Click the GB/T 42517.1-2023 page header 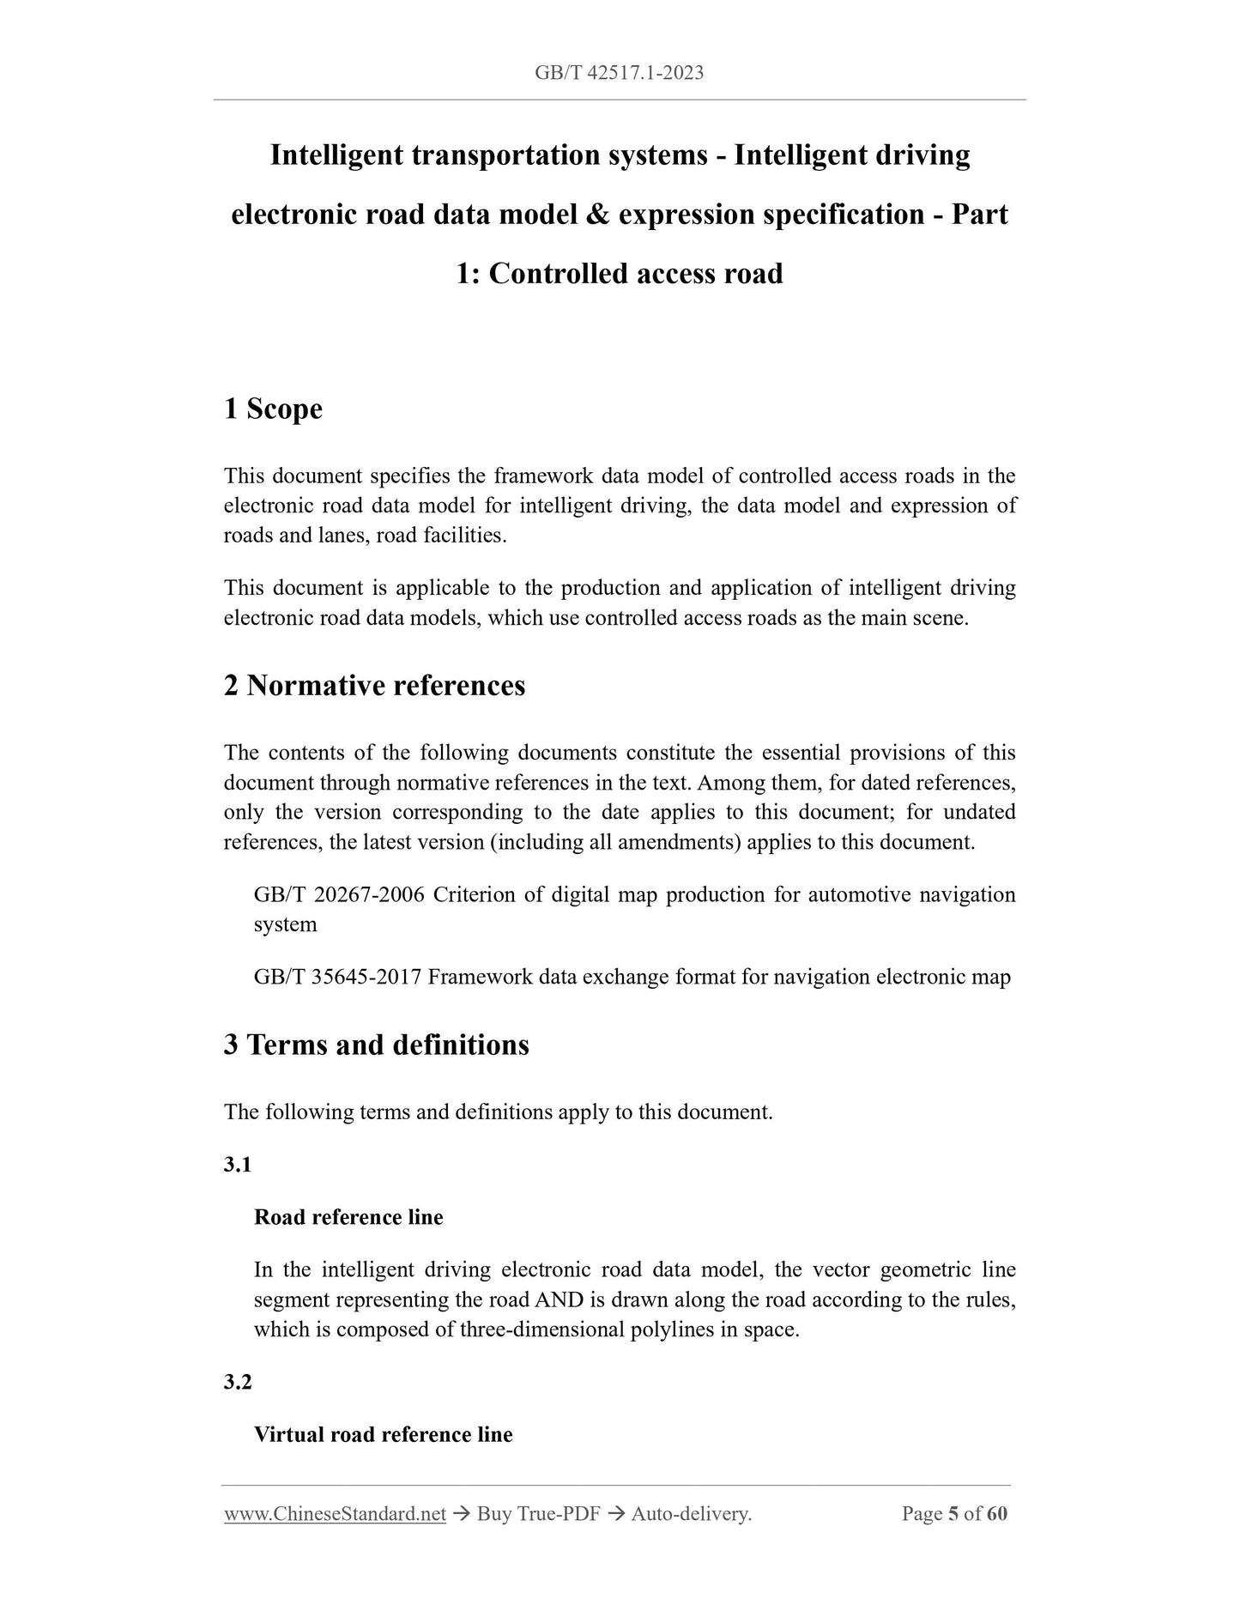619,74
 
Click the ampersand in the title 597,215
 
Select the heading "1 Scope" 273,409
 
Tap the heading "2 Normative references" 374,686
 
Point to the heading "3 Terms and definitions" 376,1045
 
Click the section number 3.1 238,1165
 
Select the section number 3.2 238,1382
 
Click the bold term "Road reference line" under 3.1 348,1217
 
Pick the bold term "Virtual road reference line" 383,1434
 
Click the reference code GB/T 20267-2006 339,895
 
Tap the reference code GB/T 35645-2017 337,977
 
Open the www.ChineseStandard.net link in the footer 335,1514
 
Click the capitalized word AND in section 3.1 559,1300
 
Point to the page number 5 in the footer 953,1514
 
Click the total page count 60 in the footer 997,1514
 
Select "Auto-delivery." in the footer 691,1514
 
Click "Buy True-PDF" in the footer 538,1514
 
